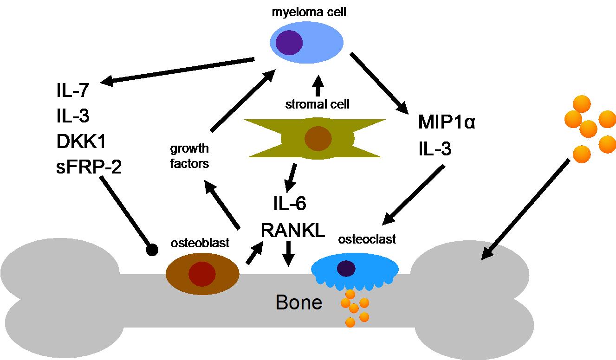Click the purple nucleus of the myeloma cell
click(x=289, y=43)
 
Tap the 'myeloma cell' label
click(x=309, y=13)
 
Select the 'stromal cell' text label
click(x=318, y=104)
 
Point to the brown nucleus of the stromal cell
click(x=318, y=139)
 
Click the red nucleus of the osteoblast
click(x=202, y=274)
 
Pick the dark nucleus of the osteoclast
click(x=346, y=268)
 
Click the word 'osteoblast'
click(x=200, y=243)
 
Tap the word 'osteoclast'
click(x=367, y=239)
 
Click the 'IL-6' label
click(x=290, y=203)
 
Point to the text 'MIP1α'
click(x=447, y=122)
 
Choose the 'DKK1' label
click(x=81, y=141)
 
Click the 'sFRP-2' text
click(x=89, y=167)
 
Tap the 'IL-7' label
click(x=73, y=90)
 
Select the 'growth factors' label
click(x=189, y=156)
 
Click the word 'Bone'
click(x=299, y=302)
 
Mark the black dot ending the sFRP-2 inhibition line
click(x=152, y=250)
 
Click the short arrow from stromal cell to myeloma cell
click(x=318, y=85)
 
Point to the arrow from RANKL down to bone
click(x=288, y=254)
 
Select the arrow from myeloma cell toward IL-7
click(x=177, y=71)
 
